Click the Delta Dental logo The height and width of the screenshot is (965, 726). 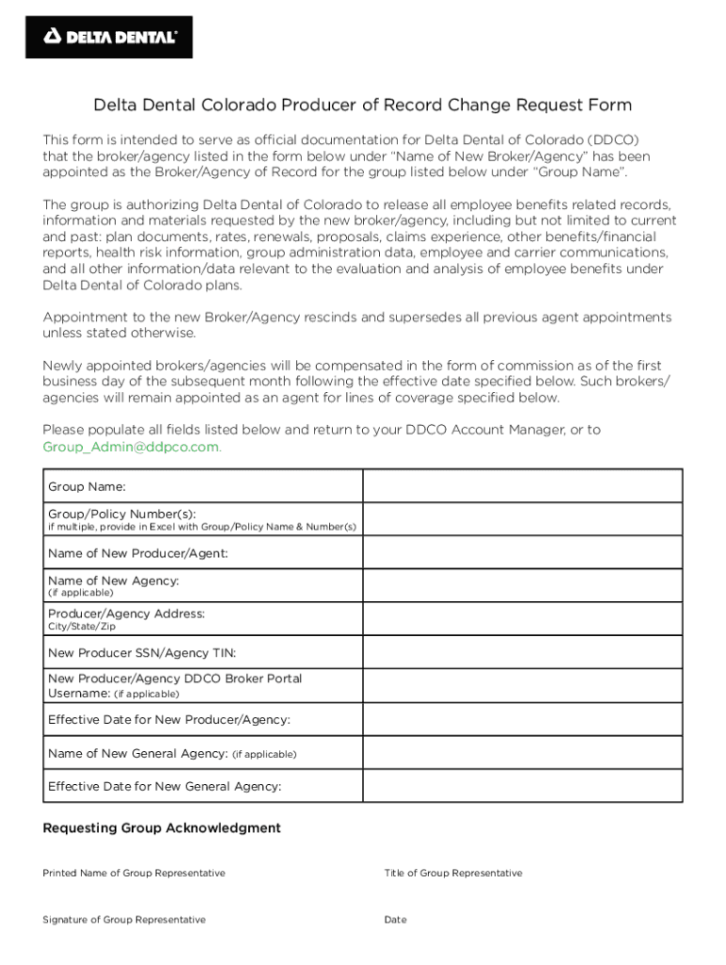click(x=109, y=37)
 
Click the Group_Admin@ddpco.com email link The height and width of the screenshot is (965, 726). click(x=131, y=447)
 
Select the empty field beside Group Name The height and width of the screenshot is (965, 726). click(x=522, y=486)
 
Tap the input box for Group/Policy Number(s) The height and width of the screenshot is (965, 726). click(x=522, y=519)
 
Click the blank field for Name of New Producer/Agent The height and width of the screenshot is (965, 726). click(x=522, y=553)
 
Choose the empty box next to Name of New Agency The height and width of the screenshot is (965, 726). click(x=522, y=586)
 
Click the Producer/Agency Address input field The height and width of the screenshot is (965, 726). click(x=522, y=619)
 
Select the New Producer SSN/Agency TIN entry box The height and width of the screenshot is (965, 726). click(x=522, y=652)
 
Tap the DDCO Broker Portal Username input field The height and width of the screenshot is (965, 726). click(x=522, y=686)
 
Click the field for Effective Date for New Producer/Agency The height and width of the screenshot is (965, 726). click(x=522, y=720)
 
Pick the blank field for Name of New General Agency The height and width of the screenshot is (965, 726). click(x=522, y=753)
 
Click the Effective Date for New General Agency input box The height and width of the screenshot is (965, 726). click(x=522, y=786)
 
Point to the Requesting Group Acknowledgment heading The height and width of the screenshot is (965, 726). click(x=162, y=828)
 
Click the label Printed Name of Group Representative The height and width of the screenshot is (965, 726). click(x=134, y=874)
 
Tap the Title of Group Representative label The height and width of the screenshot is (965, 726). click(x=453, y=874)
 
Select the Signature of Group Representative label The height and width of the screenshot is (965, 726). click(x=124, y=920)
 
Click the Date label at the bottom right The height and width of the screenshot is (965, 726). click(x=395, y=920)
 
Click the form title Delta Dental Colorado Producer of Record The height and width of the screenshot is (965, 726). click(x=362, y=105)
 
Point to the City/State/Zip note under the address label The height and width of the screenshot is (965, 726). click(x=82, y=627)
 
